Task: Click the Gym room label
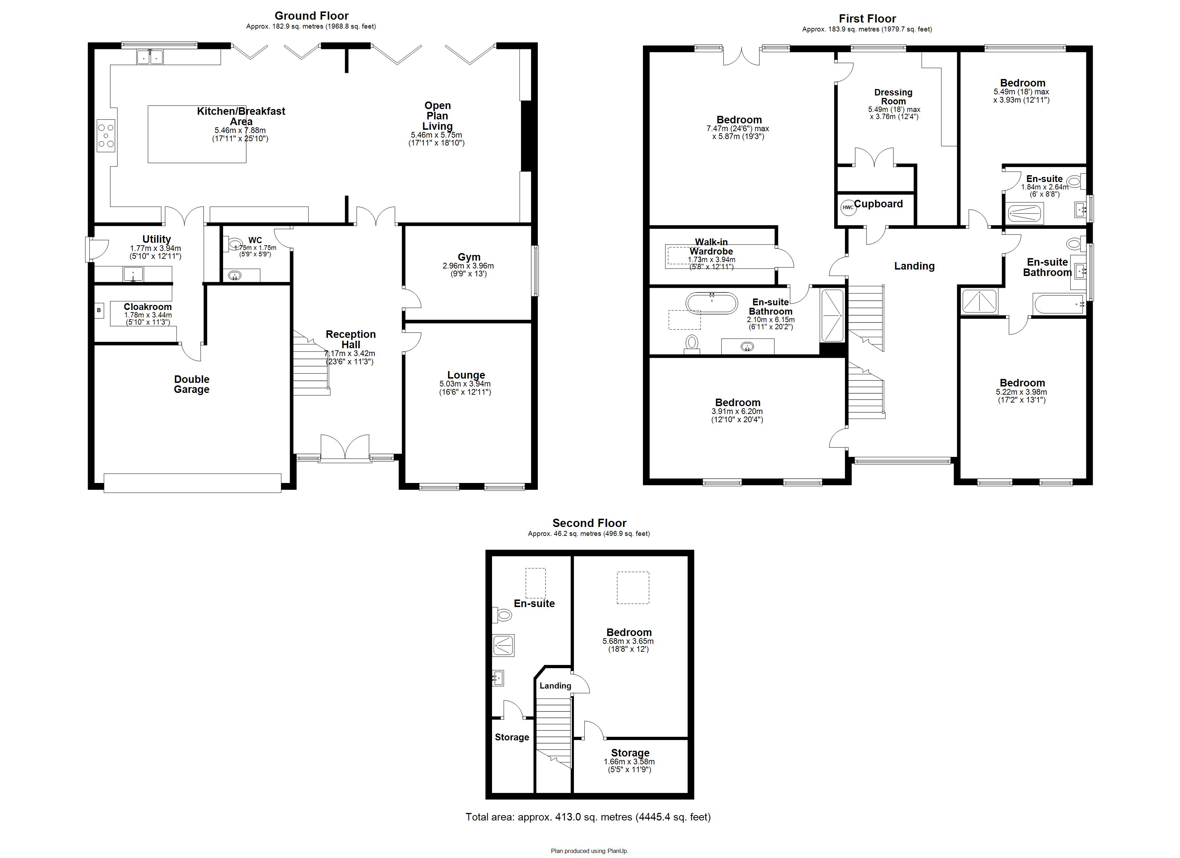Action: [x=469, y=257]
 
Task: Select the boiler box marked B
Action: [x=98, y=311]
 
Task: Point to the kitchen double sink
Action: [x=150, y=57]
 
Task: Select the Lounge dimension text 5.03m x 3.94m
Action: [x=464, y=384]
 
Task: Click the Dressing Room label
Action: [x=893, y=97]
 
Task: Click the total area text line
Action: [x=588, y=817]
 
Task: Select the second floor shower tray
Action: [x=503, y=646]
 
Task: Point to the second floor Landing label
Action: [x=555, y=686]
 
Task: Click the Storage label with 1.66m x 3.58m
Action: [x=630, y=753]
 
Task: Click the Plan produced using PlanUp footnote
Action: [x=590, y=851]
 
